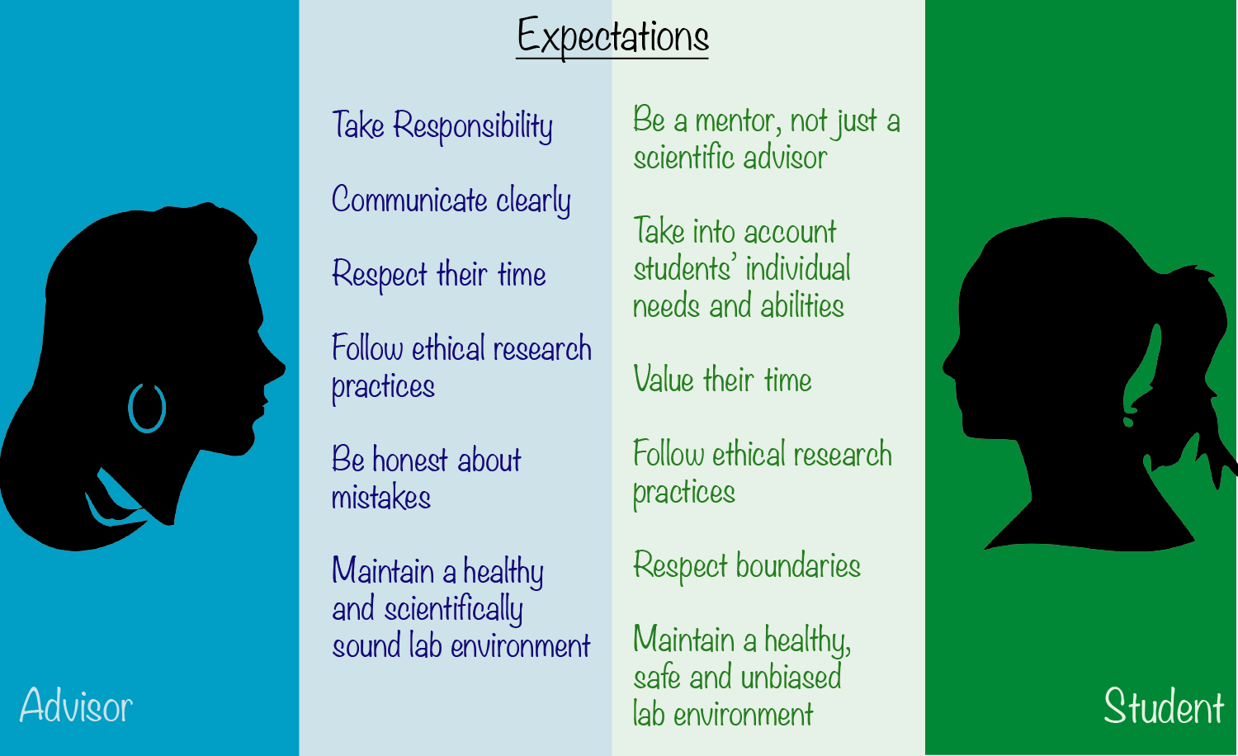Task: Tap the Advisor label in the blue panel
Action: click(x=76, y=705)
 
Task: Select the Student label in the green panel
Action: click(x=1164, y=706)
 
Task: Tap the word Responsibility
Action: click(x=473, y=126)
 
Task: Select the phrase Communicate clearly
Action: click(x=451, y=200)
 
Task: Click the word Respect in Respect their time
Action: click(x=379, y=275)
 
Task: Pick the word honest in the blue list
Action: click(x=410, y=459)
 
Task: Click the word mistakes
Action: click(x=380, y=496)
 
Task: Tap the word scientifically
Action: click(x=453, y=609)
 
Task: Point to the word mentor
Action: click(x=739, y=121)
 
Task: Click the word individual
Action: click(x=797, y=268)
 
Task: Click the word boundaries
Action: click(x=798, y=565)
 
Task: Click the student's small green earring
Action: click(x=1128, y=423)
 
